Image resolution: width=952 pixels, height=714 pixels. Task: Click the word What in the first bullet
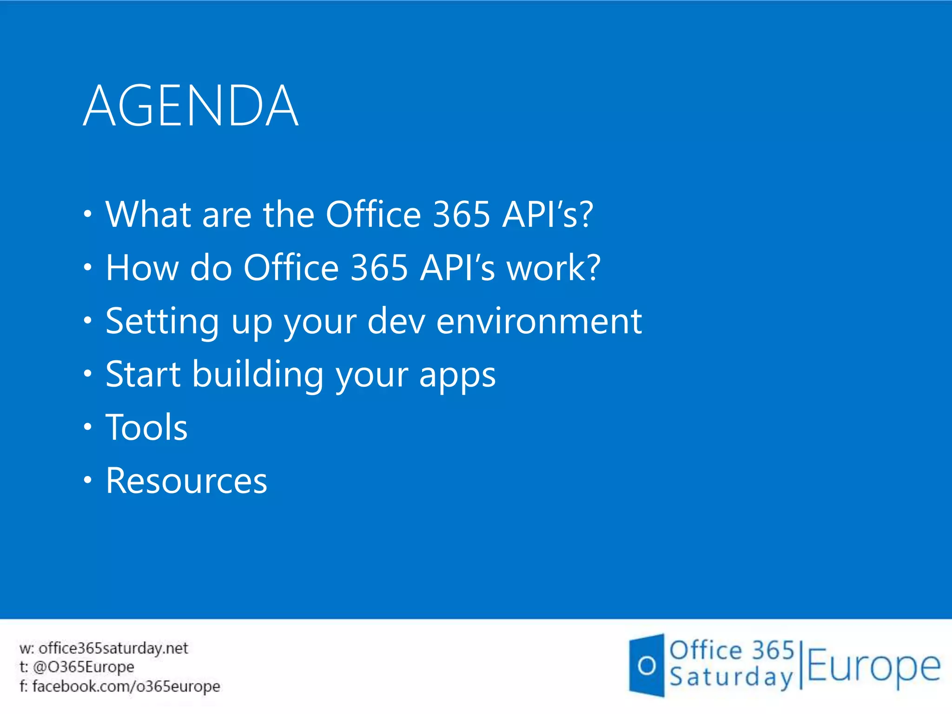pyautogui.click(x=148, y=214)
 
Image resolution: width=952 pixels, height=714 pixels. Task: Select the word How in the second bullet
pyautogui.click(x=142, y=268)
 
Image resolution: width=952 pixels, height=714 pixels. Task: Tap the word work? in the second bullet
pyautogui.click(x=554, y=268)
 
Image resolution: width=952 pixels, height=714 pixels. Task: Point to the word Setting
pyautogui.click(x=162, y=322)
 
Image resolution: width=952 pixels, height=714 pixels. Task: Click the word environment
pyautogui.click(x=539, y=322)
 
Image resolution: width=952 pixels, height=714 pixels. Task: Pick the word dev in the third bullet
pyautogui.click(x=396, y=322)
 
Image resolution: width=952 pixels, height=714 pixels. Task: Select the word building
pyautogui.click(x=258, y=375)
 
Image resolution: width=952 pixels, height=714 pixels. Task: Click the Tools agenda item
pyautogui.click(x=146, y=428)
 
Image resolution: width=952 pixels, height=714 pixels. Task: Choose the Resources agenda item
pyautogui.click(x=186, y=481)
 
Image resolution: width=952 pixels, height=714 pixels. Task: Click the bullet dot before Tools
pyautogui.click(x=88, y=427)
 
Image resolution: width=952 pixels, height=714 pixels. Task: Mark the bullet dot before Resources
pyautogui.click(x=88, y=480)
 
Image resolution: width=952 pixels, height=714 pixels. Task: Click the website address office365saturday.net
pyautogui.click(x=113, y=648)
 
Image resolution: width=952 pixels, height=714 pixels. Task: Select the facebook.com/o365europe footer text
pyautogui.click(x=126, y=686)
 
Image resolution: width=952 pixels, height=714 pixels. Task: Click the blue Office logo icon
pyautogui.click(x=647, y=666)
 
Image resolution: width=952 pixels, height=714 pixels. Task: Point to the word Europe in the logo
pyautogui.click(x=873, y=668)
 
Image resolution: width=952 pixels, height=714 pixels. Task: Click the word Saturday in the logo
pyautogui.click(x=731, y=678)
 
